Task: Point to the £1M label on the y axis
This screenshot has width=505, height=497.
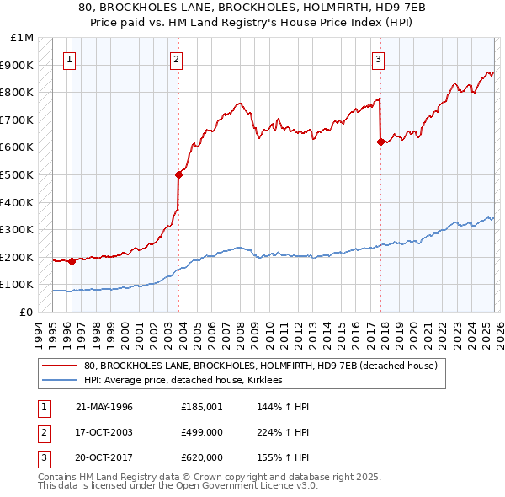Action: pyautogui.click(x=23, y=38)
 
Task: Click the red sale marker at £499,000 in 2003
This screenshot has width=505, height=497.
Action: pyautogui.click(x=178, y=175)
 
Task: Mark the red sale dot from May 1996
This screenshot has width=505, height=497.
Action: pyautogui.click(x=72, y=261)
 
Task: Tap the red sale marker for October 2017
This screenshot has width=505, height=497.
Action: pyautogui.click(x=380, y=142)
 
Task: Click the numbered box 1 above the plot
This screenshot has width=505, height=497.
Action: pyautogui.click(x=68, y=59)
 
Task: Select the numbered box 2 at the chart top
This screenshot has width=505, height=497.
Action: pyautogui.click(x=175, y=59)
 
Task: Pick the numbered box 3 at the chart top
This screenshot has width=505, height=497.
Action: pyautogui.click(x=379, y=59)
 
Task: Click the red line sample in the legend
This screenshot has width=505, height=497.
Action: pyautogui.click(x=60, y=366)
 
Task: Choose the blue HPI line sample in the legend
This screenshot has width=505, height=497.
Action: pyautogui.click(x=60, y=381)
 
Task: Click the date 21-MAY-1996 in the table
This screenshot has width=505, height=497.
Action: pyautogui.click(x=104, y=407)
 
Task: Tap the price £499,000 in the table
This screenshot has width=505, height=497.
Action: pyautogui.click(x=202, y=432)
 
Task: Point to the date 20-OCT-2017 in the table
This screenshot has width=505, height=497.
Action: pyautogui.click(x=104, y=457)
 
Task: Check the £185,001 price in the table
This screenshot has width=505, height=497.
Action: pyautogui.click(x=202, y=407)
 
